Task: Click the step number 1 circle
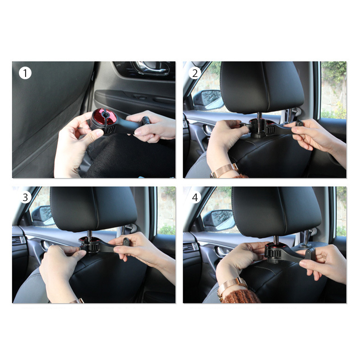pos(25,73)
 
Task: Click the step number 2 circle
pos(195,73)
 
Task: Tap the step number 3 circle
pos(25,197)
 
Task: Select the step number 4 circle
pos(195,197)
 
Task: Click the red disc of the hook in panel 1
pos(104,117)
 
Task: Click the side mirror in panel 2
pos(208,99)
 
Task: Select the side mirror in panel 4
pos(218,220)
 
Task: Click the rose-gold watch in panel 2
pos(224,171)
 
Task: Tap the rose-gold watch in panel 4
pos(232,286)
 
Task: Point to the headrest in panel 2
pos(262,87)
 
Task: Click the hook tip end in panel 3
pos(126,242)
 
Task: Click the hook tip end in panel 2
pos(299,123)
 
